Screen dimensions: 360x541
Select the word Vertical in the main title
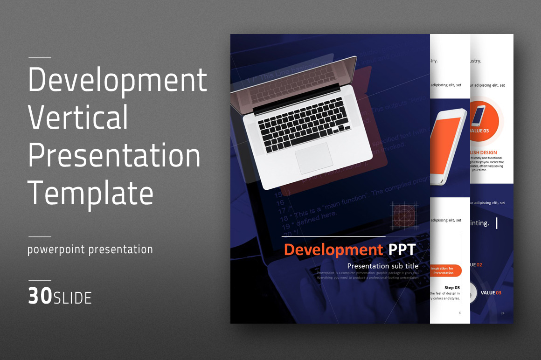click(78, 118)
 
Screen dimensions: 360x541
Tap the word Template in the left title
click(90, 193)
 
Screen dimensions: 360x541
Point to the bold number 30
click(40, 297)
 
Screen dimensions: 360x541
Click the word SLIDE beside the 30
click(73, 298)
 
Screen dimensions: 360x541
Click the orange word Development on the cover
click(333, 249)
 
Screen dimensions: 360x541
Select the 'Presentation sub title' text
click(382, 266)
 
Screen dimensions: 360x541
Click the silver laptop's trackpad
click(314, 158)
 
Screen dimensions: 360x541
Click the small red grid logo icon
click(404, 215)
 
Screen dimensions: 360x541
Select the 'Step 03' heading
click(451, 288)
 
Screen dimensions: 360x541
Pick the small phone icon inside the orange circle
click(478, 116)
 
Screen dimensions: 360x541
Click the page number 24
click(502, 313)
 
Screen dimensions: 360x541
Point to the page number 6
click(459, 313)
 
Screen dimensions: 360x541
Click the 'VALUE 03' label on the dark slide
click(491, 293)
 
